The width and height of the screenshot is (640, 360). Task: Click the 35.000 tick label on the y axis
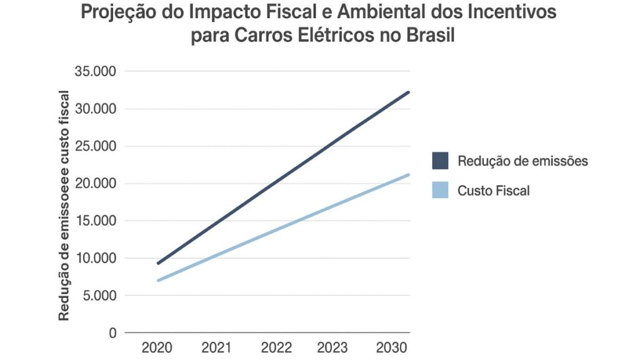point(95,71)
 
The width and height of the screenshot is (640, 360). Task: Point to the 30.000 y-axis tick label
point(95,109)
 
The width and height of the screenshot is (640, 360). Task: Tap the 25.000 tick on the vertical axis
point(95,146)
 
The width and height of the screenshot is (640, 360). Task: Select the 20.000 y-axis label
point(95,183)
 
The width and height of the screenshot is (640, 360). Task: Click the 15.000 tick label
point(95,221)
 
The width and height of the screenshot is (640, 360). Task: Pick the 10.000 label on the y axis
point(95,258)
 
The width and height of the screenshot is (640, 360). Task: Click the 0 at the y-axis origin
point(112,332)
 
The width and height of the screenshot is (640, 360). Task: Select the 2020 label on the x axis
point(157,347)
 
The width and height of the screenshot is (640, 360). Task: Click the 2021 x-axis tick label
point(217,347)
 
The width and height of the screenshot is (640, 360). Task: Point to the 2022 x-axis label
point(275,347)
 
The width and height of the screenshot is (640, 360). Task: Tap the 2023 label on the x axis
point(334,347)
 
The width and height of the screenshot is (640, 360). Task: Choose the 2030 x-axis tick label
point(392,347)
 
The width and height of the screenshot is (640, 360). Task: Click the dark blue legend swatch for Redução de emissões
point(440,161)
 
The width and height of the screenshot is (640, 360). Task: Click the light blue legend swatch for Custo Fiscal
point(440,190)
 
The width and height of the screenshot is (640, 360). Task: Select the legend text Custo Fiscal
point(493,191)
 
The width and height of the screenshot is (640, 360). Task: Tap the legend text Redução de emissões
point(522,161)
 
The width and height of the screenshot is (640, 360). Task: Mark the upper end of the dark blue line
point(408,92)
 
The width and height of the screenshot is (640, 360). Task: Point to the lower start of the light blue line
point(158,280)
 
